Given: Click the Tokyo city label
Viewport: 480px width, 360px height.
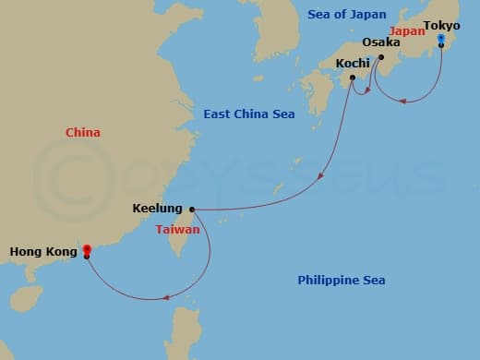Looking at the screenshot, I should (x=441, y=25).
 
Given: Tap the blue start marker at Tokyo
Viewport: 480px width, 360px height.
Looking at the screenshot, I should (x=442, y=42).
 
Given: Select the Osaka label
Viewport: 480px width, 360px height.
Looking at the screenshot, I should (x=381, y=42).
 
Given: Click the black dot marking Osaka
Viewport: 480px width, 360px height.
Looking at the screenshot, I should (x=380, y=56).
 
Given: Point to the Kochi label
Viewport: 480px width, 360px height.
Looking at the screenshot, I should (x=353, y=63).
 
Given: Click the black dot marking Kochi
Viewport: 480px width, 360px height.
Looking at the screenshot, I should (x=353, y=78).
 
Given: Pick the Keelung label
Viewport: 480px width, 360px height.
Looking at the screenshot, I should (x=157, y=209).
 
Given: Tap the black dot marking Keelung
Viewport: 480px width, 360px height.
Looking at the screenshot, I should (x=191, y=209).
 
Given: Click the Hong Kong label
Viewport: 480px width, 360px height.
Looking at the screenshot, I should (x=42, y=250).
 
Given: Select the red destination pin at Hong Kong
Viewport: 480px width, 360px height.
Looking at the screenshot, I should (x=86, y=249).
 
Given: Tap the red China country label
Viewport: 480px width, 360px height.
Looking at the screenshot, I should (x=83, y=133).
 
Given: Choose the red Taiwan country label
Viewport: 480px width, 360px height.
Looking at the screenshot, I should (x=176, y=228).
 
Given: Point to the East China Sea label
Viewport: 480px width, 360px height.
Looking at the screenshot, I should (x=248, y=114).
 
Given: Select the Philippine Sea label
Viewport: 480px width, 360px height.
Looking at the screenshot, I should (x=341, y=280).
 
